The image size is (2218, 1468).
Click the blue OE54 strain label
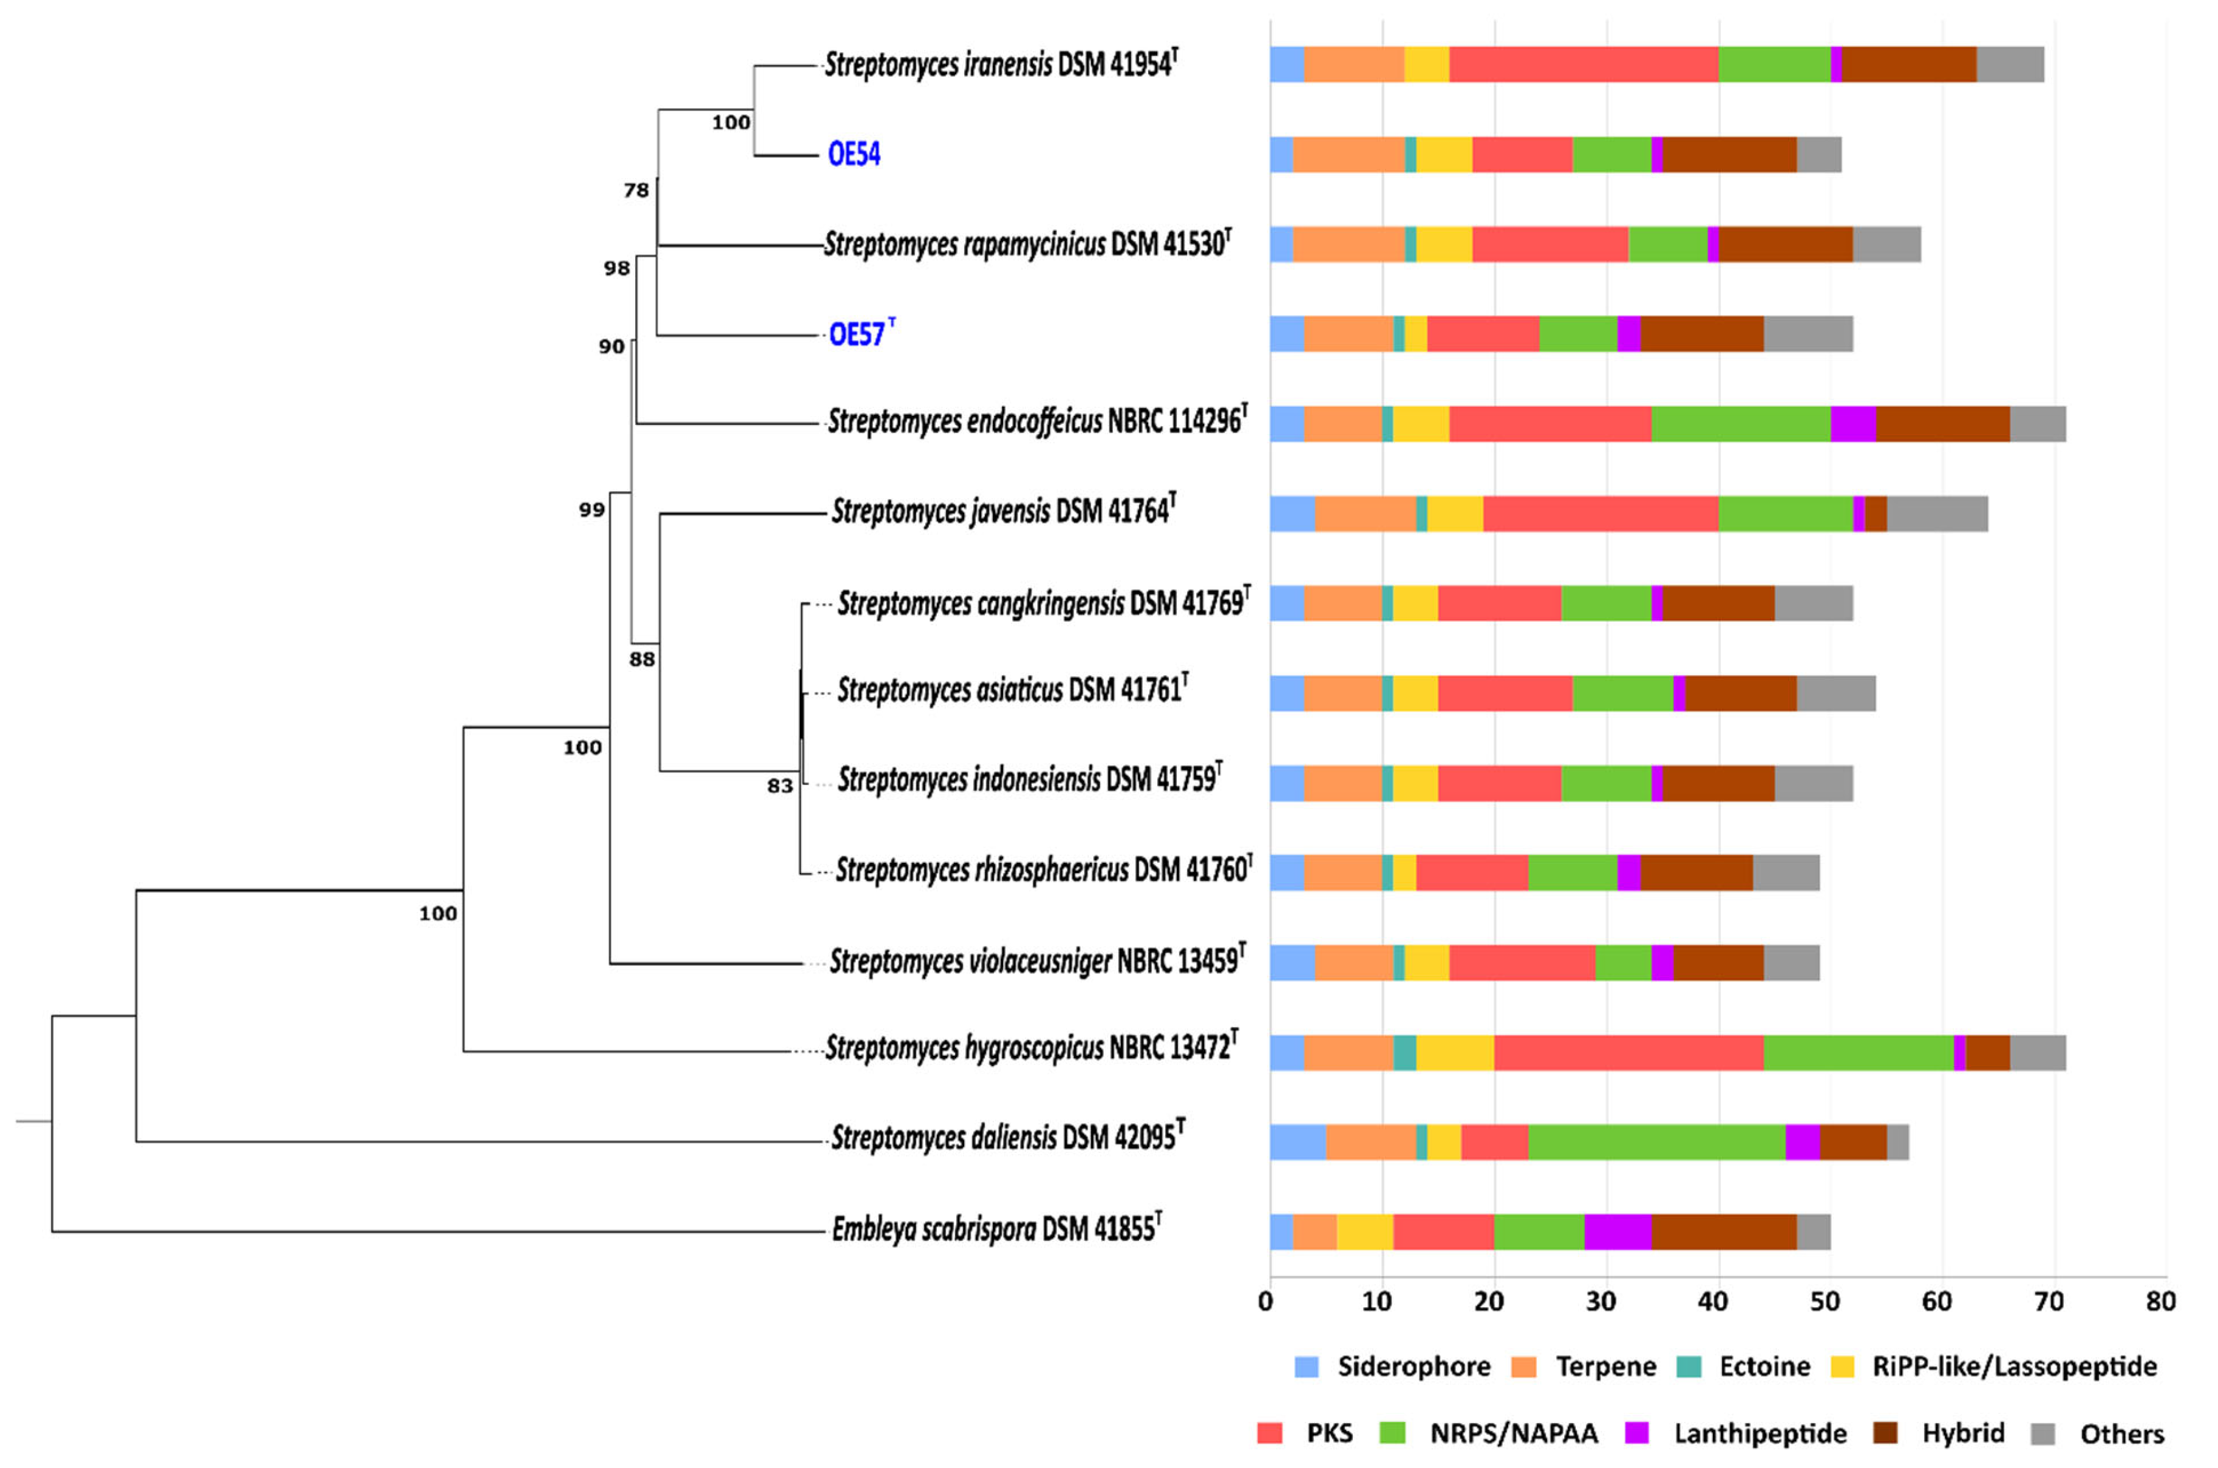853,154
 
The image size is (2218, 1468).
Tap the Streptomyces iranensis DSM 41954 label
1000,64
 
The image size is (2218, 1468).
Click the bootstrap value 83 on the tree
780,786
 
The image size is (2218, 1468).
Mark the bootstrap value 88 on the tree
641,660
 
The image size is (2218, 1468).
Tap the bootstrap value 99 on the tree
592,510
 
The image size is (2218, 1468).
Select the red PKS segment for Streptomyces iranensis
1584,64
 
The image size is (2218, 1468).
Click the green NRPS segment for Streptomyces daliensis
1656,1142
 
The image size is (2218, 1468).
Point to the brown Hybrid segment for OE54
1729,154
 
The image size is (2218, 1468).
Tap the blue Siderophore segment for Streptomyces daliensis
1298,1142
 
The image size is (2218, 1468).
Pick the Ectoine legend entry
1764,1367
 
